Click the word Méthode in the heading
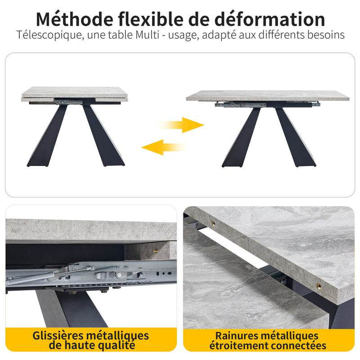[x=75, y=19]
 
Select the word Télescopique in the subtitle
[x=49, y=35]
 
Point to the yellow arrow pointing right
[x=181, y=125]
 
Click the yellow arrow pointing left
[x=164, y=148]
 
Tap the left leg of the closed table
[x=47, y=135]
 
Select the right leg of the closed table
[x=103, y=135]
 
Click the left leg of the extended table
[x=241, y=137]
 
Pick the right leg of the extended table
[x=296, y=137]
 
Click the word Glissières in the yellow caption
[x=58, y=336]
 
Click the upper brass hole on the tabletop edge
[x=213, y=224]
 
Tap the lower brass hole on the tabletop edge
[x=319, y=286]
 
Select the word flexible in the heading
[x=151, y=19]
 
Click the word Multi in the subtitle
[x=147, y=35]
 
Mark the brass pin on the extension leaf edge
[x=156, y=251]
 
